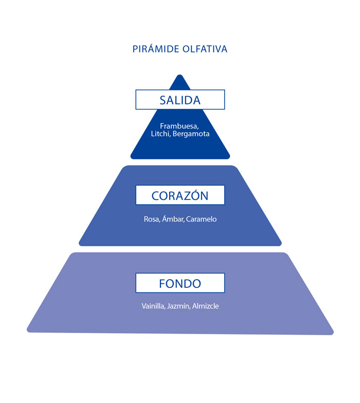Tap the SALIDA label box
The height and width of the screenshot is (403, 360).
point(180,100)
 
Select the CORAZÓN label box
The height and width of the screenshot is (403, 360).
point(180,195)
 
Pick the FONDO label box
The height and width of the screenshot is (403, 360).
point(180,283)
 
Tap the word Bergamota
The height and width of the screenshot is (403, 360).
point(191,134)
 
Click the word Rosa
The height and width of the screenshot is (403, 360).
point(152,219)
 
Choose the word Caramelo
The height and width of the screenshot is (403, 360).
point(202,219)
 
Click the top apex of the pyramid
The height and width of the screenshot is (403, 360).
point(180,76)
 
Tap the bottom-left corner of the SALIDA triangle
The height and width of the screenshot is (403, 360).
point(132,157)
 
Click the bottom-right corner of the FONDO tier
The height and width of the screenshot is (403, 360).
point(332,333)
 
